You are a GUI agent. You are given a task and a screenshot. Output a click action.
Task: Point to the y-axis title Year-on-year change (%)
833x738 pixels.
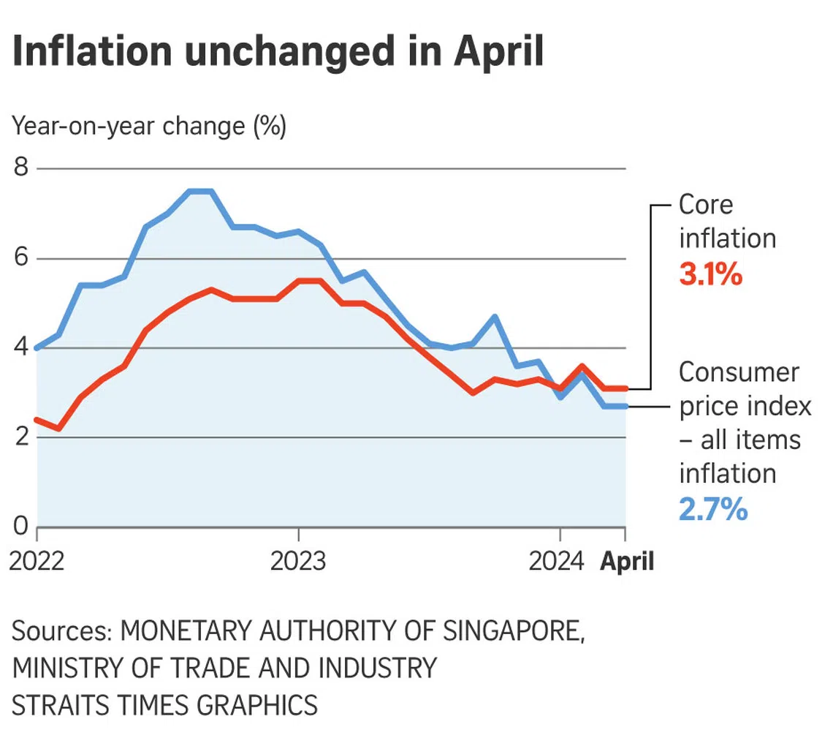click(149, 127)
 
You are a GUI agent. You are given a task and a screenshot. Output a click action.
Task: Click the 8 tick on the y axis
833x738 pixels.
click(21, 168)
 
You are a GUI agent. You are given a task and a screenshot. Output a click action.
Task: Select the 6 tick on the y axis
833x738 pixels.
click(21, 258)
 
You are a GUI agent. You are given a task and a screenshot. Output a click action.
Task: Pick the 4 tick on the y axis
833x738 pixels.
click(21, 348)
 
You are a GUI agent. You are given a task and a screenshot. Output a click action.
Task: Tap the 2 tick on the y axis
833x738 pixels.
click(21, 437)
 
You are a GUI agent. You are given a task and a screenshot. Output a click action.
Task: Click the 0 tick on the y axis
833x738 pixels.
click(21, 527)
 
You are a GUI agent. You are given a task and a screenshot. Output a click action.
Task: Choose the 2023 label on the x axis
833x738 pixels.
click(298, 562)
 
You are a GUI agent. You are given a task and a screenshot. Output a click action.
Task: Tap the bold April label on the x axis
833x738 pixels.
click(627, 562)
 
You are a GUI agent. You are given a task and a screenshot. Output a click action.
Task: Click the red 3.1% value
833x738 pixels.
click(710, 275)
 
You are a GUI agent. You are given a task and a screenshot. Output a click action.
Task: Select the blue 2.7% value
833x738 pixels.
click(713, 509)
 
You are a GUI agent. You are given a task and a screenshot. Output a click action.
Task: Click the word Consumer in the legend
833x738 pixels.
click(739, 372)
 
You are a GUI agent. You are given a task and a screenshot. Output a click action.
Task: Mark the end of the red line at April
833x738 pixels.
click(625, 388)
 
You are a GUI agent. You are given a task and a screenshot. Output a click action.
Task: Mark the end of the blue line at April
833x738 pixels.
click(625, 406)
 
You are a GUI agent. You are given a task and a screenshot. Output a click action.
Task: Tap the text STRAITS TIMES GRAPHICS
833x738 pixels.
click(165, 704)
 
